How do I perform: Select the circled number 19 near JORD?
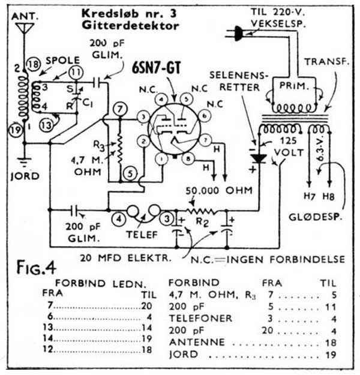[x=16, y=126]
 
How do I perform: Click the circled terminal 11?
[x=76, y=72]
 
